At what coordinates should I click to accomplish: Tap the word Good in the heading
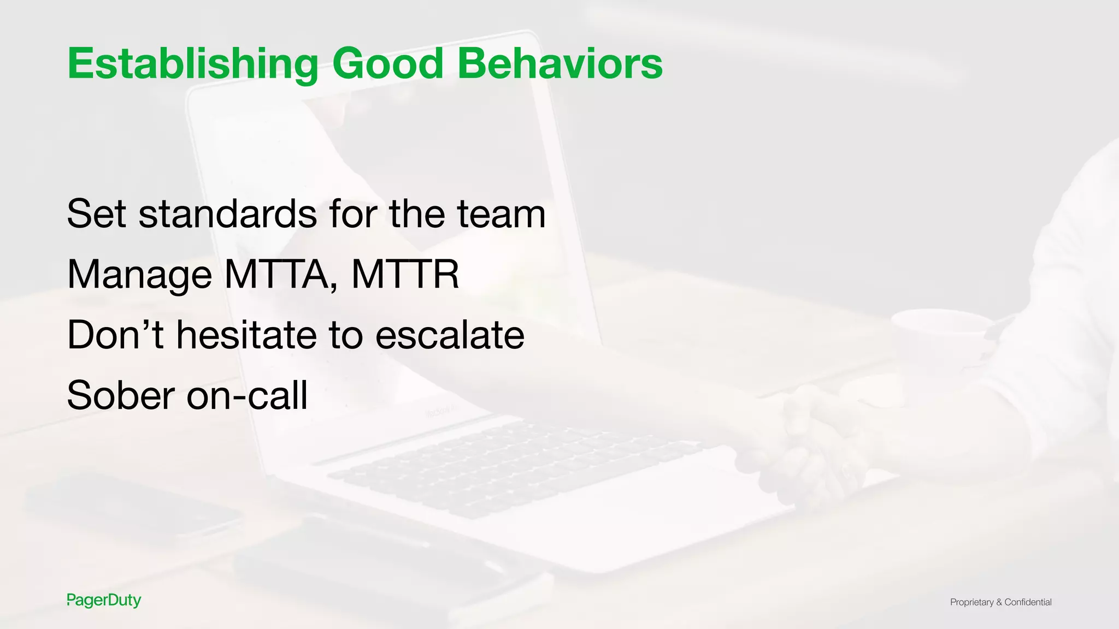pos(387,63)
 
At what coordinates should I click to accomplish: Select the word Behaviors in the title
pos(559,63)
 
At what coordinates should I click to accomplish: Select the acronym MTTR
pos(405,274)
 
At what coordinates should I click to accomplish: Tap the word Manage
pos(139,275)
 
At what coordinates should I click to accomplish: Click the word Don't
pos(115,335)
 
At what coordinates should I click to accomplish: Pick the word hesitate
pos(246,335)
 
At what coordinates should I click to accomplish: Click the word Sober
pos(121,395)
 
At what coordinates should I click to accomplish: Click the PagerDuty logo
pos(104,600)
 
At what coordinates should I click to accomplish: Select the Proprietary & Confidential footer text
pos(1000,602)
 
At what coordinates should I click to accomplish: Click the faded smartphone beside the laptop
pos(131,508)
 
